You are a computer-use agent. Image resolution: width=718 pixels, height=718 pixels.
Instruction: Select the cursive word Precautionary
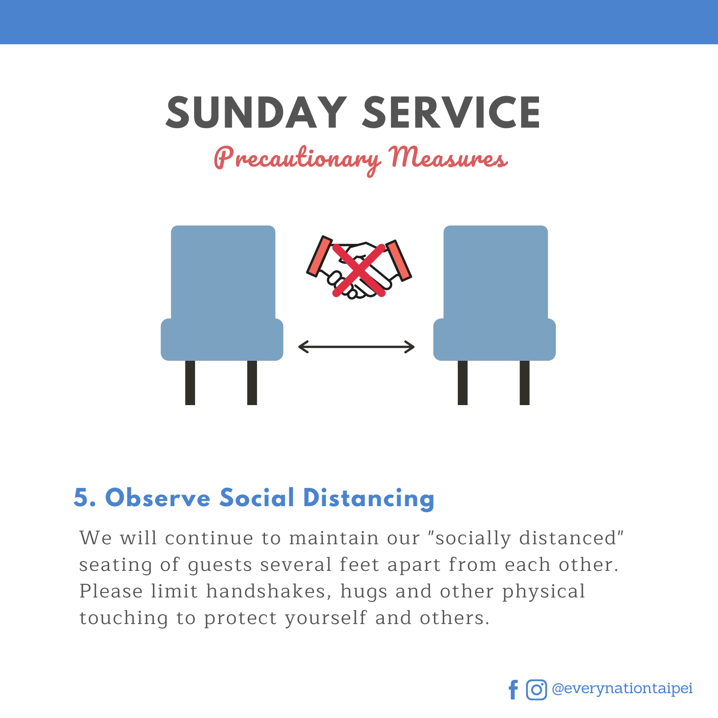[x=297, y=160]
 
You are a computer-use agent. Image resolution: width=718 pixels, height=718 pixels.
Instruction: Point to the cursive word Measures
[x=448, y=157]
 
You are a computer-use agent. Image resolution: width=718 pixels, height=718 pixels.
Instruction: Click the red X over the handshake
[x=359, y=270]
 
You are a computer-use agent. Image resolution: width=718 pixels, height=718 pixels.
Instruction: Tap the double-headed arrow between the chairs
[x=356, y=347]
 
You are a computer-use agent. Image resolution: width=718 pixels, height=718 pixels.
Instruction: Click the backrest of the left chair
[x=223, y=272]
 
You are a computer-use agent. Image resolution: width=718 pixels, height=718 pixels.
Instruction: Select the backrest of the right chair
[x=496, y=272]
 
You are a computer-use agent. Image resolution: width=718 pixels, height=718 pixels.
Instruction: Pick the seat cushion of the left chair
[x=222, y=339]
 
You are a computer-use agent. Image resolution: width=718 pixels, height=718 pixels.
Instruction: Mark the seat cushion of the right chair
[x=495, y=339]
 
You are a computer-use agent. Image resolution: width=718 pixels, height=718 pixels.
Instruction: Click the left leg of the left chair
[x=190, y=382]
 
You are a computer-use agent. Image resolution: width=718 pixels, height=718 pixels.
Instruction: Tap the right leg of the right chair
[x=525, y=382]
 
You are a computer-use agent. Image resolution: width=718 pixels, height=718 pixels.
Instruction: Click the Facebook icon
[x=513, y=690]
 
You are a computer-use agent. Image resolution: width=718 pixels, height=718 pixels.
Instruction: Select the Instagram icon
[x=537, y=690]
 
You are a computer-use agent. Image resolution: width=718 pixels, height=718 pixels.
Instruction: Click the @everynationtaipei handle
[x=622, y=688]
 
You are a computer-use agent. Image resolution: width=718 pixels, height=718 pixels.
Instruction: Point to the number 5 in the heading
[x=81, y=497]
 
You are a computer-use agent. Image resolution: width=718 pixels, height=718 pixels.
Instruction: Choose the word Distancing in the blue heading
[x=369, y=498]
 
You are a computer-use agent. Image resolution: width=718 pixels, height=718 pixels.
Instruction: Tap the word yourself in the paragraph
[x=326, y=618]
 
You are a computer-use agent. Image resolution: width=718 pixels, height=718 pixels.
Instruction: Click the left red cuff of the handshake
[x=319, y=256]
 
